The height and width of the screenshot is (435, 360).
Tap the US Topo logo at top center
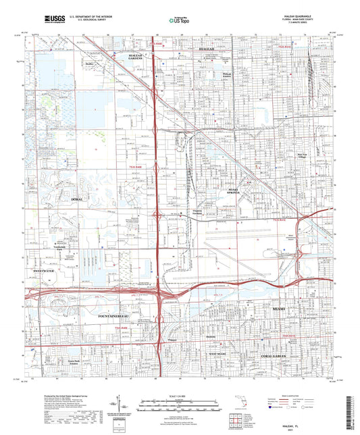(x=179, y=20)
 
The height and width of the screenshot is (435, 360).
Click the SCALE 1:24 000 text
(x=179, y=395)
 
